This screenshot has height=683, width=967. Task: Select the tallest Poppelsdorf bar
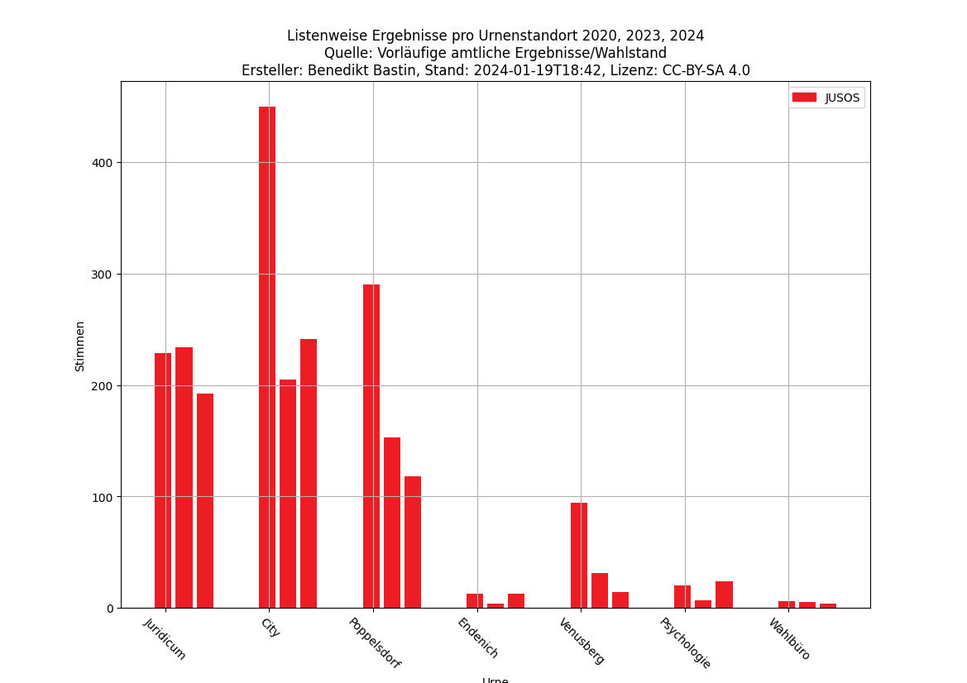[x=371, y=447]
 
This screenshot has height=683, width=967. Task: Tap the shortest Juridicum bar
[x=205, y=501]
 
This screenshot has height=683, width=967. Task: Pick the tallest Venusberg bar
[x=579, y=556]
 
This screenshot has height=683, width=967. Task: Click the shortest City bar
[x=288, y=494]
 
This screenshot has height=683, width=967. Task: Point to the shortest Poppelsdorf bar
[x=413, y=542]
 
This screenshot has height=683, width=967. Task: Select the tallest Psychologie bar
[x=724, y=595]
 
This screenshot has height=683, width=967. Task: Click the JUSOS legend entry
[x=827, y=98]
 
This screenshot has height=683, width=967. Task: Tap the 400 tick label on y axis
[x=102, y=163]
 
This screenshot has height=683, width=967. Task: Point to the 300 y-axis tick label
[x=102, y=275]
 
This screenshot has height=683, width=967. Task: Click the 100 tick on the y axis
[x=102, y=497]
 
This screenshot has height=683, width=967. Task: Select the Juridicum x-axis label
[x=165, y=638]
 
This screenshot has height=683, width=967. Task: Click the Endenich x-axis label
[x=478, y=638]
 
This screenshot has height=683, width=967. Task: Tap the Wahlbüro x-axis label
[x=790, y=638]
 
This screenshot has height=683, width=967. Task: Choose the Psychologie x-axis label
[x=686, y=642]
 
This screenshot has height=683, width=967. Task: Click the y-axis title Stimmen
[x=80, y=346]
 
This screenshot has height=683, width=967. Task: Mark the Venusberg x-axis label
[x=582, y=641]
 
